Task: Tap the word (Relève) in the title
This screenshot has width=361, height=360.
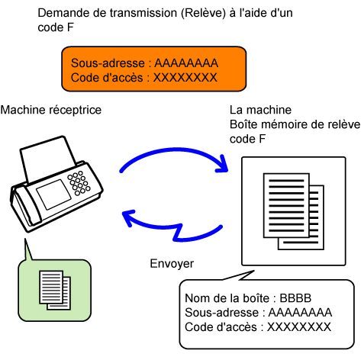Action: point(204,13)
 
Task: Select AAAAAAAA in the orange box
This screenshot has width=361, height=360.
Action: point(186,63)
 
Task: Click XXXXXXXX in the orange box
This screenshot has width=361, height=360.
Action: point(185,78)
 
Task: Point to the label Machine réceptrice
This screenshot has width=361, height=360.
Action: point(51,111)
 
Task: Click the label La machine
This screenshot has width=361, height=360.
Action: point(260,110)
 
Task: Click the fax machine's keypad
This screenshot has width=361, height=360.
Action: point(79,183)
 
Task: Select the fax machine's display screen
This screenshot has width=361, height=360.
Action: point(53,194)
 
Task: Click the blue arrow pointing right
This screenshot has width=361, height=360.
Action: point(174,152)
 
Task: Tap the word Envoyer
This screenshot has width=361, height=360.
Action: point(172,264)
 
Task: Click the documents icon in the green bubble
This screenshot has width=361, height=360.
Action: point(55,291)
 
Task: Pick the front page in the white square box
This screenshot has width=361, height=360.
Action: point(286,205)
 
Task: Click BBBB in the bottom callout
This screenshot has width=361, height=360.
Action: point(295,298)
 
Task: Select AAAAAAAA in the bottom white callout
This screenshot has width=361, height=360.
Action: point(300,313)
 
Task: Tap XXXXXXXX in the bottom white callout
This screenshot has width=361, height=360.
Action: point(299,327)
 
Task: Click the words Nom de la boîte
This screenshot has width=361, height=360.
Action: point(227,298)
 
